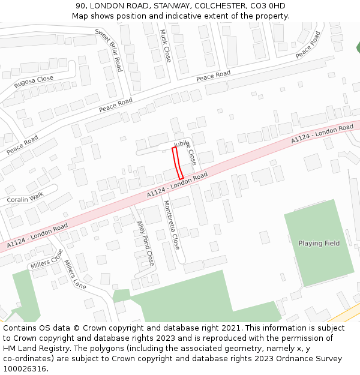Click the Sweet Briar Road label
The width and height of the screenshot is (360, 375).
pos(109,50)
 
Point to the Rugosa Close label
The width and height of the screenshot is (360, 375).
pos(34,82)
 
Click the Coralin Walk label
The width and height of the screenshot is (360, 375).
pos(25,196)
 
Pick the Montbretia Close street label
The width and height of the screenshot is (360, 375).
pos(172,224)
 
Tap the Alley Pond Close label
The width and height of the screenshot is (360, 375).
pos(146,243)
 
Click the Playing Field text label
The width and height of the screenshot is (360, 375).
pos(319,243)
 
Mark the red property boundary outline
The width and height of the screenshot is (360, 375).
pos(178,163)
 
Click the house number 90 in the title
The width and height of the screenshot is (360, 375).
pos(81,6)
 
